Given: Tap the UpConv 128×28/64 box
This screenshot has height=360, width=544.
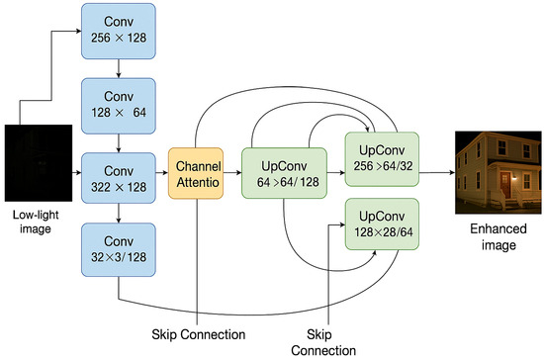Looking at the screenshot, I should (x=382, y=225).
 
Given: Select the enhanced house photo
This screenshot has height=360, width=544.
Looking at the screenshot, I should (x=492, y=173).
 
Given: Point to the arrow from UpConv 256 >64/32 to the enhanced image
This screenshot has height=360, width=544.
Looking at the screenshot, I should (x=435, y=174).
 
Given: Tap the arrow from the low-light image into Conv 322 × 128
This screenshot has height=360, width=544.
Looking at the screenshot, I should (x=72, y=174).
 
